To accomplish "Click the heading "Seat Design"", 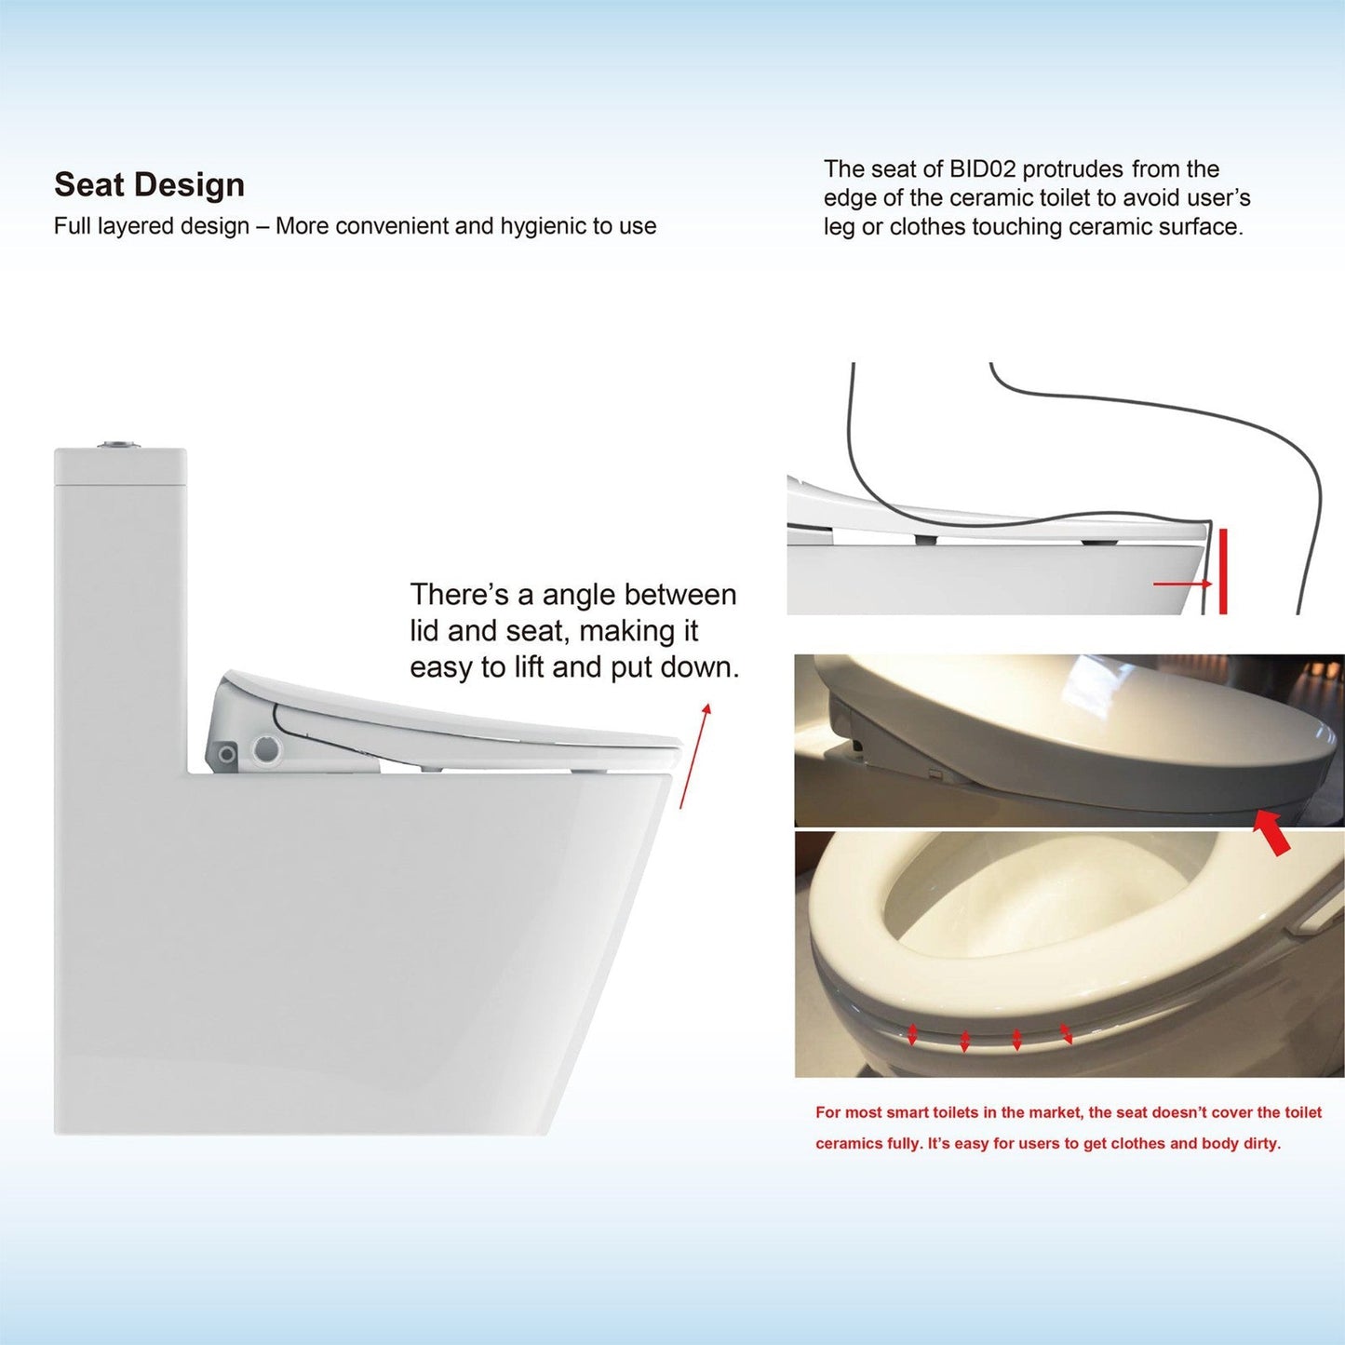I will [149, 184].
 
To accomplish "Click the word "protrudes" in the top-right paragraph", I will [1072, 169].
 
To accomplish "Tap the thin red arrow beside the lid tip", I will [694, 756].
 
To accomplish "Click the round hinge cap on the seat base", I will [267, 748].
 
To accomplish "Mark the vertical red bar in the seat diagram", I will [1222, 572].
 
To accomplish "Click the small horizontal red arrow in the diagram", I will [1182, 584].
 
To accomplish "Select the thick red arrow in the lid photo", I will [1271, 831].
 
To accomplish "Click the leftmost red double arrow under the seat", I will [913, 1034].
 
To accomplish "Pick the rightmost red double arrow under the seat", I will [1066, 1031].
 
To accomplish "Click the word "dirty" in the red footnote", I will [1261, 1143].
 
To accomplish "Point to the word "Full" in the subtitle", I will [73, 226].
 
